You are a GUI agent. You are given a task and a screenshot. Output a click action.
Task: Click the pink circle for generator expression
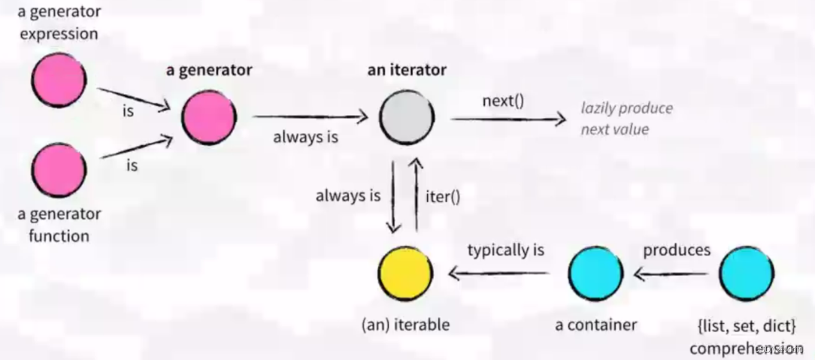coord(59,80)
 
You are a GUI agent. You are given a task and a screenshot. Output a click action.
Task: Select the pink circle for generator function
coord(59,170)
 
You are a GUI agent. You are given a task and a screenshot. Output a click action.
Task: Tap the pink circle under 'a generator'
coord(208,117)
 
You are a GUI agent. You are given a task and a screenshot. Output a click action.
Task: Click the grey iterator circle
coord(406,117)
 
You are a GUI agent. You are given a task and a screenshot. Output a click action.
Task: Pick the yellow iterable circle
coord(405,274)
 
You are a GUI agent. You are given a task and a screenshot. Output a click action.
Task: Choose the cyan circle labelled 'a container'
coord(595,274)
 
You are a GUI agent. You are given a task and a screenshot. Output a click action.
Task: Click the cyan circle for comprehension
coord(746,274)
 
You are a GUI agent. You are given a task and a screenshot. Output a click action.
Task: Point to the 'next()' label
coord(503,100)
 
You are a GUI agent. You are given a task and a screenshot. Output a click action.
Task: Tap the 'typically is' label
coord(506,250)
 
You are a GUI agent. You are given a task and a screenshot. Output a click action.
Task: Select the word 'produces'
coord(676,250)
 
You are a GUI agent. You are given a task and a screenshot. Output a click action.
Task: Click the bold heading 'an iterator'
coord(407,70)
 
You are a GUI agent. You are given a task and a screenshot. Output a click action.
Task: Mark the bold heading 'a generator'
coord(209,70)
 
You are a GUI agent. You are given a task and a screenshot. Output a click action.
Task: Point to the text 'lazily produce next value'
coord(626,118)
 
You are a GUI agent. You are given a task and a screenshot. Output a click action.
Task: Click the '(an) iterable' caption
coord(405,325)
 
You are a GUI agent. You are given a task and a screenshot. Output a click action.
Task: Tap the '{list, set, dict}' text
coord(746,325)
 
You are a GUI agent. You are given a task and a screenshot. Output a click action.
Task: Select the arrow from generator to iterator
coord(310,117)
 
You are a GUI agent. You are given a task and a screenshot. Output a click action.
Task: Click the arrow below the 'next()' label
coord(507,118)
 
